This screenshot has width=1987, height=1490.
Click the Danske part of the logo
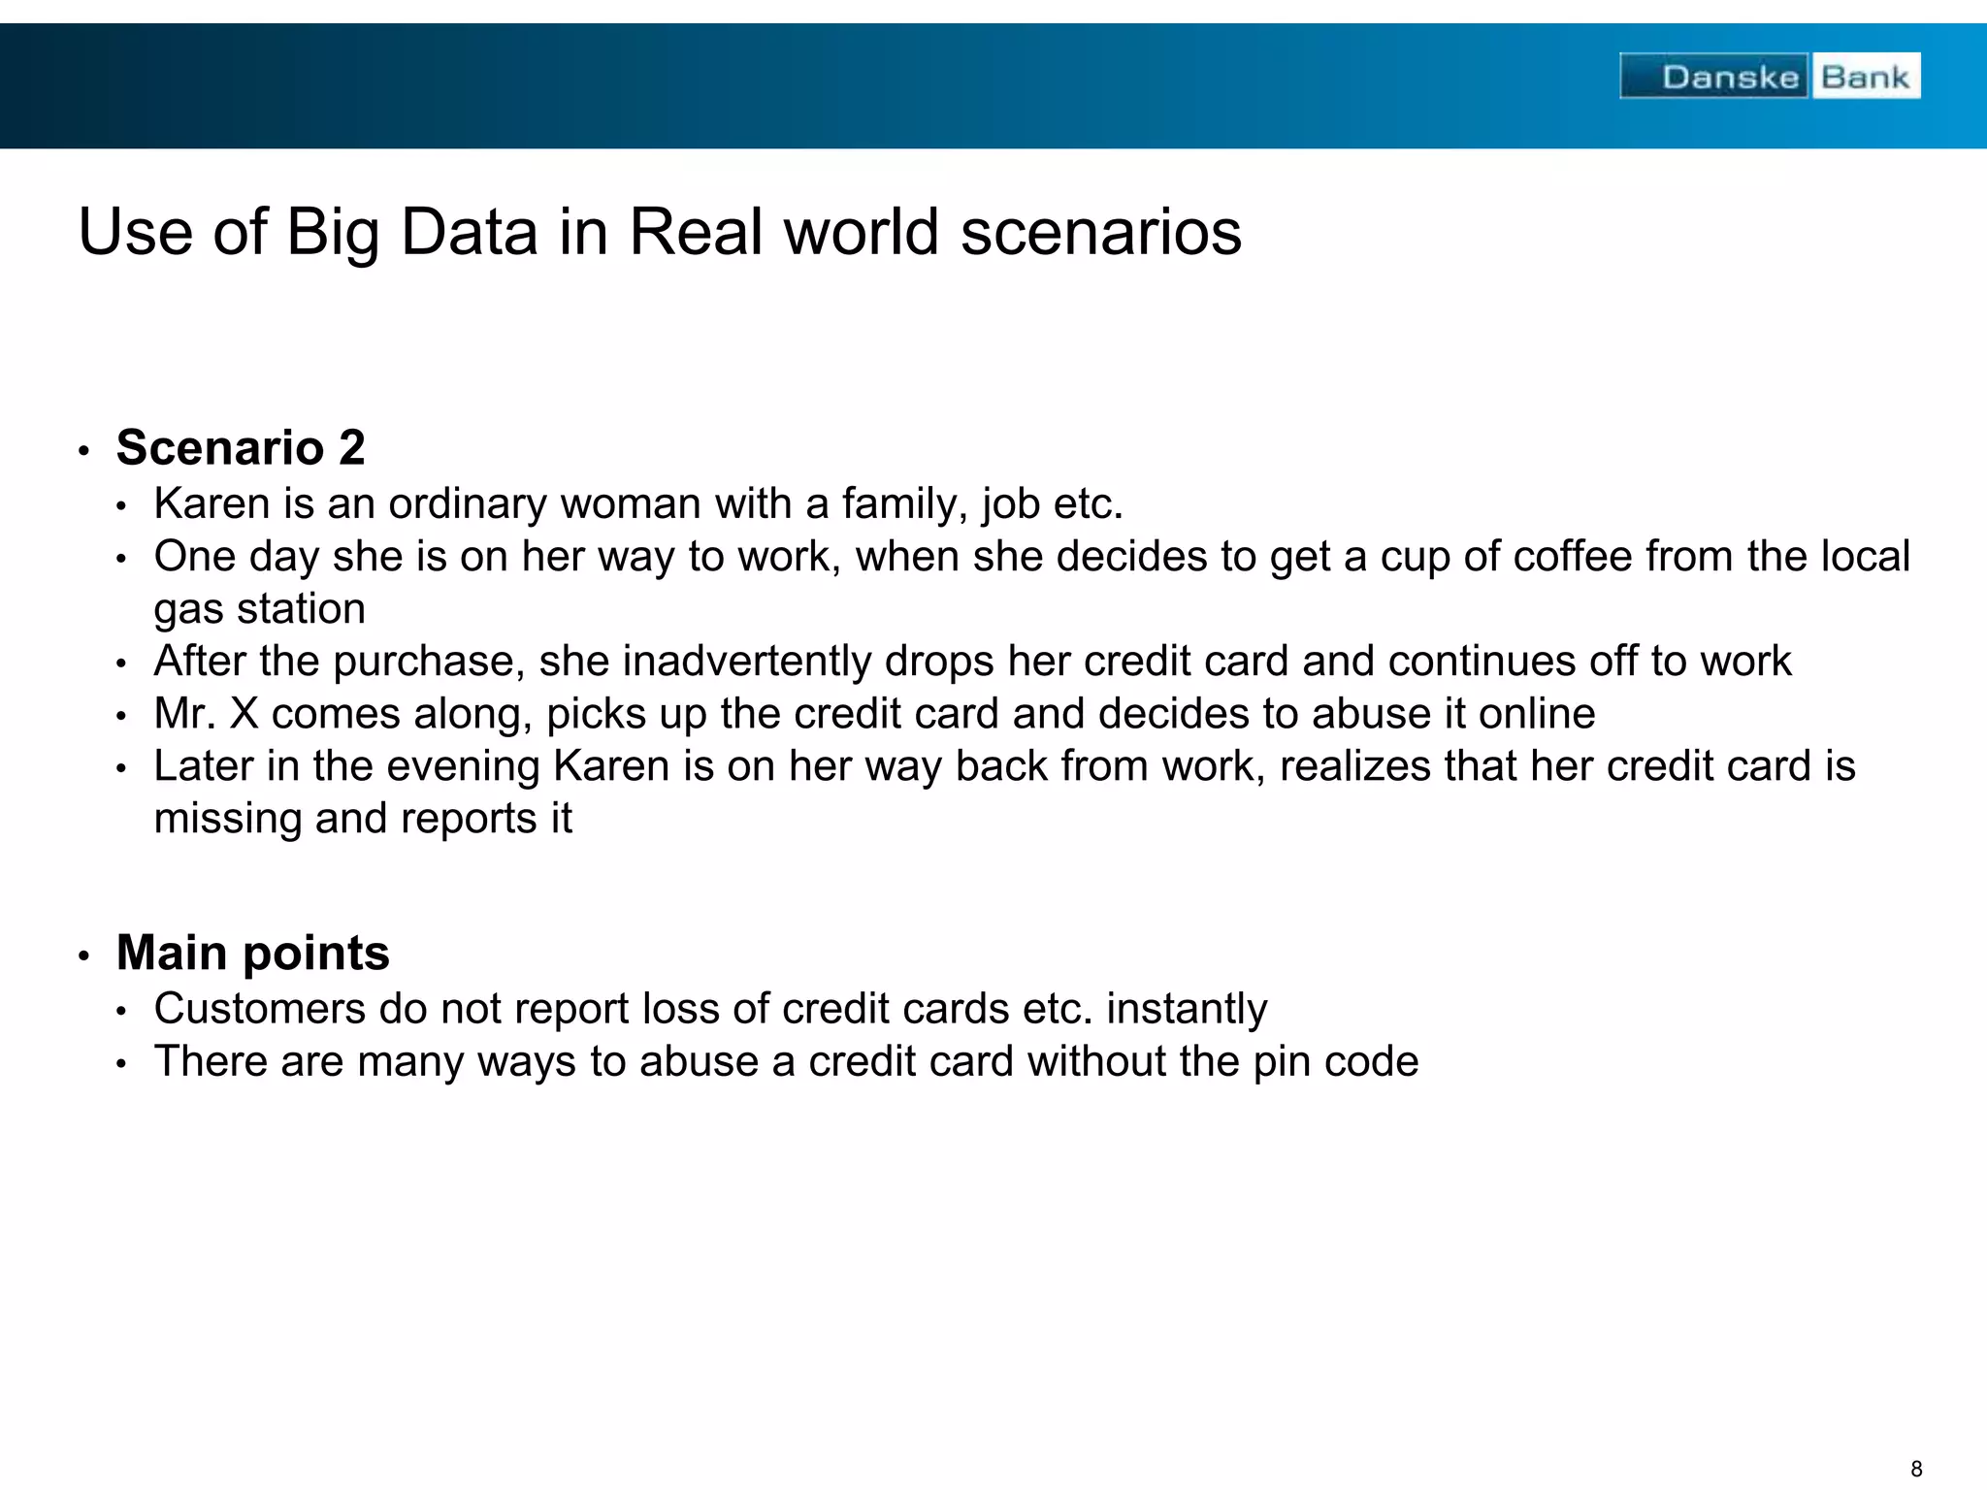(x=1730, y=77)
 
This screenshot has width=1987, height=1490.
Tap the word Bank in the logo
(x=1865, y=77)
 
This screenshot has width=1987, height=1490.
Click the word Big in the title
(x=332, y=233)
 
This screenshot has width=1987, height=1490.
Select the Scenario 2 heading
(x=241, y=448)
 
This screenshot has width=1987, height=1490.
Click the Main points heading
(x=252, y=953)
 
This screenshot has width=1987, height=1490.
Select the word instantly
(x=1187, y=1009)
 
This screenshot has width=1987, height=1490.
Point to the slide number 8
(x=1916, y=1469)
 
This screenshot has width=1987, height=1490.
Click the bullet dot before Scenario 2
(x=84, y=451)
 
